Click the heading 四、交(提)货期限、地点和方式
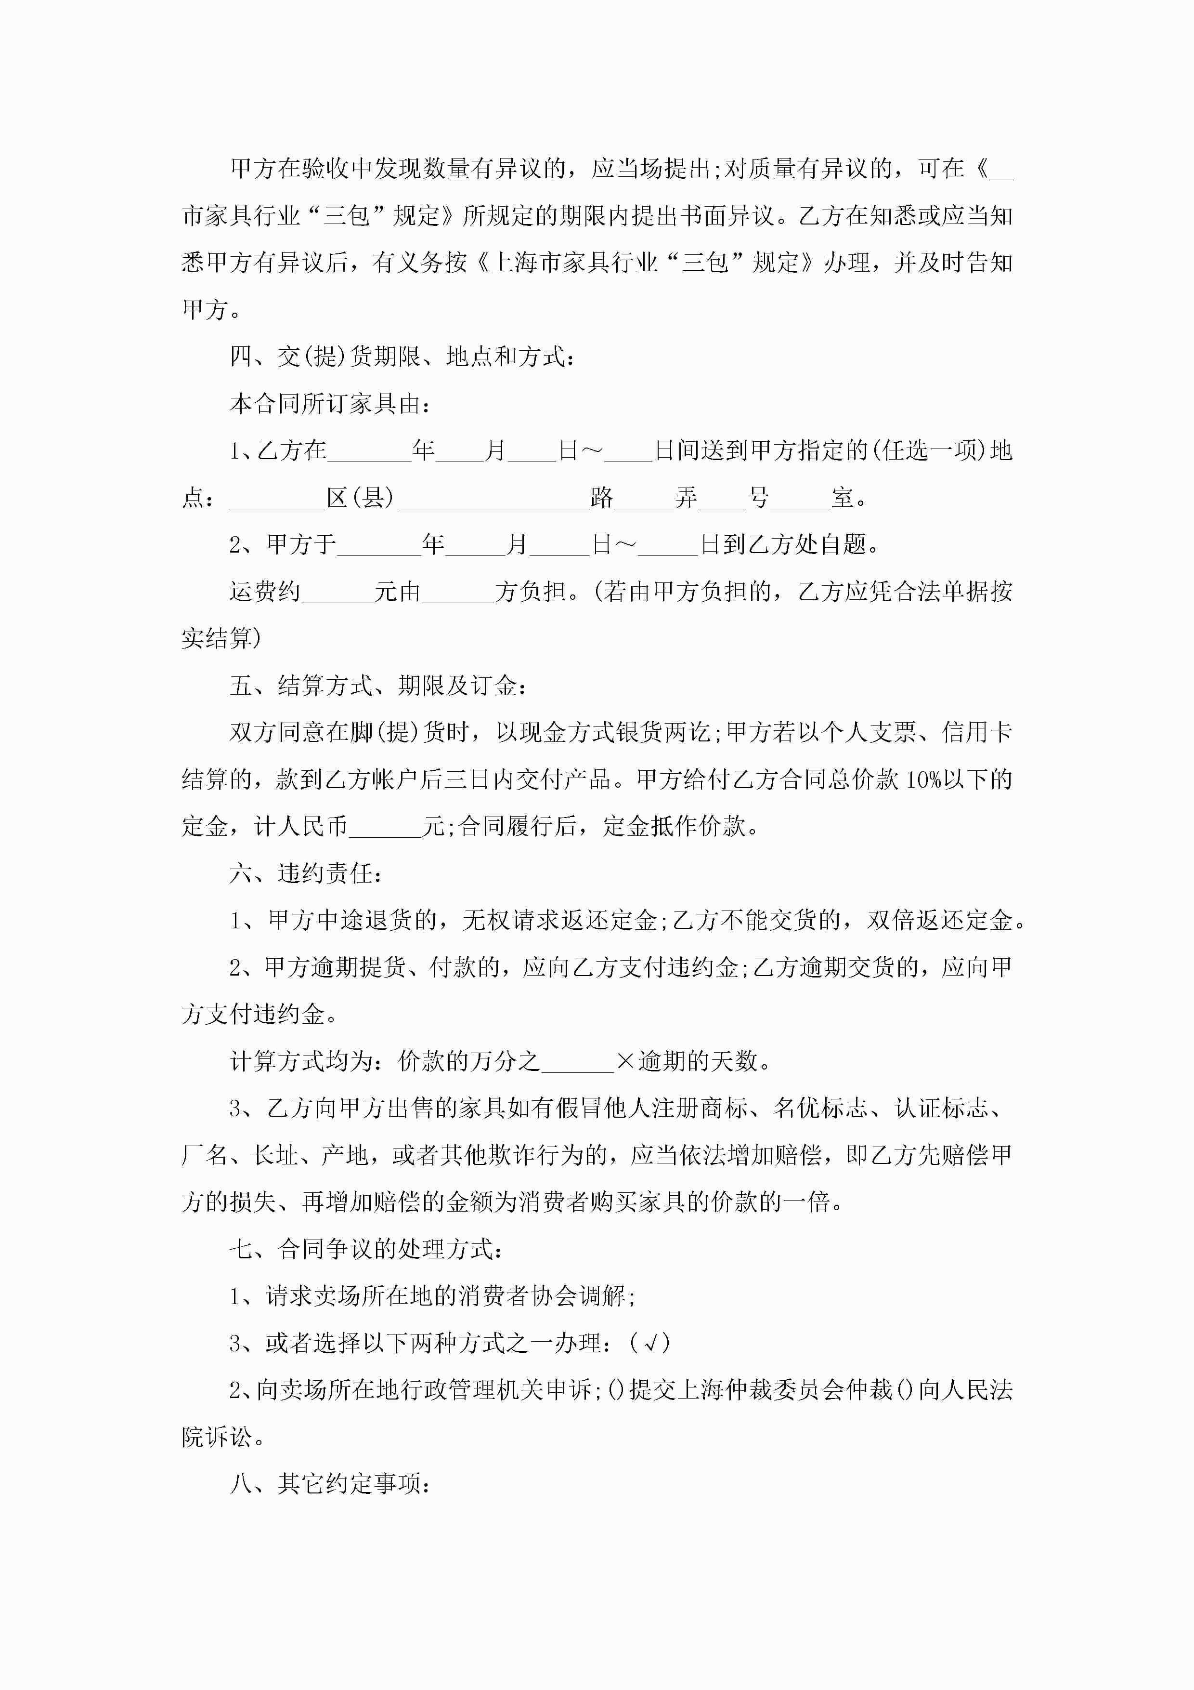[x=401, y=357]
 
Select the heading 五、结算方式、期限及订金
[x=377, y=686]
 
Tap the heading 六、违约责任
[x=305, y=874]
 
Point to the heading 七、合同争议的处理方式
[x=365, y=1249]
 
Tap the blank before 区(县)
[x=277, y=499]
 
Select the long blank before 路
[x=493, y=499]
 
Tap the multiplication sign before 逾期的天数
[x=625, y=1061]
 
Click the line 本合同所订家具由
[x=330, y=404]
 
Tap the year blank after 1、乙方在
[x=369, y=451]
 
